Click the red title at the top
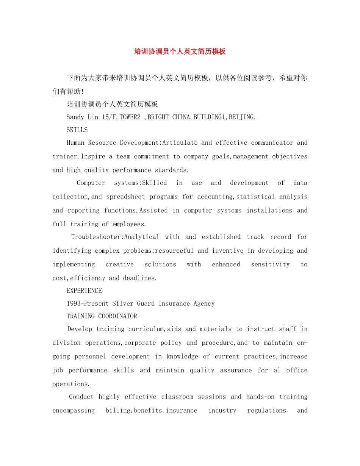180,52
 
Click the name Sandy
75,117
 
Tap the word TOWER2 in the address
130,117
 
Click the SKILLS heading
77,130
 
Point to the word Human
75,143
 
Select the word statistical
255,197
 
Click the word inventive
228,250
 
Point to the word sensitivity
270,264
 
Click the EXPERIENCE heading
84,291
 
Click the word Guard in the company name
146,303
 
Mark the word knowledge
182,357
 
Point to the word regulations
266,410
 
